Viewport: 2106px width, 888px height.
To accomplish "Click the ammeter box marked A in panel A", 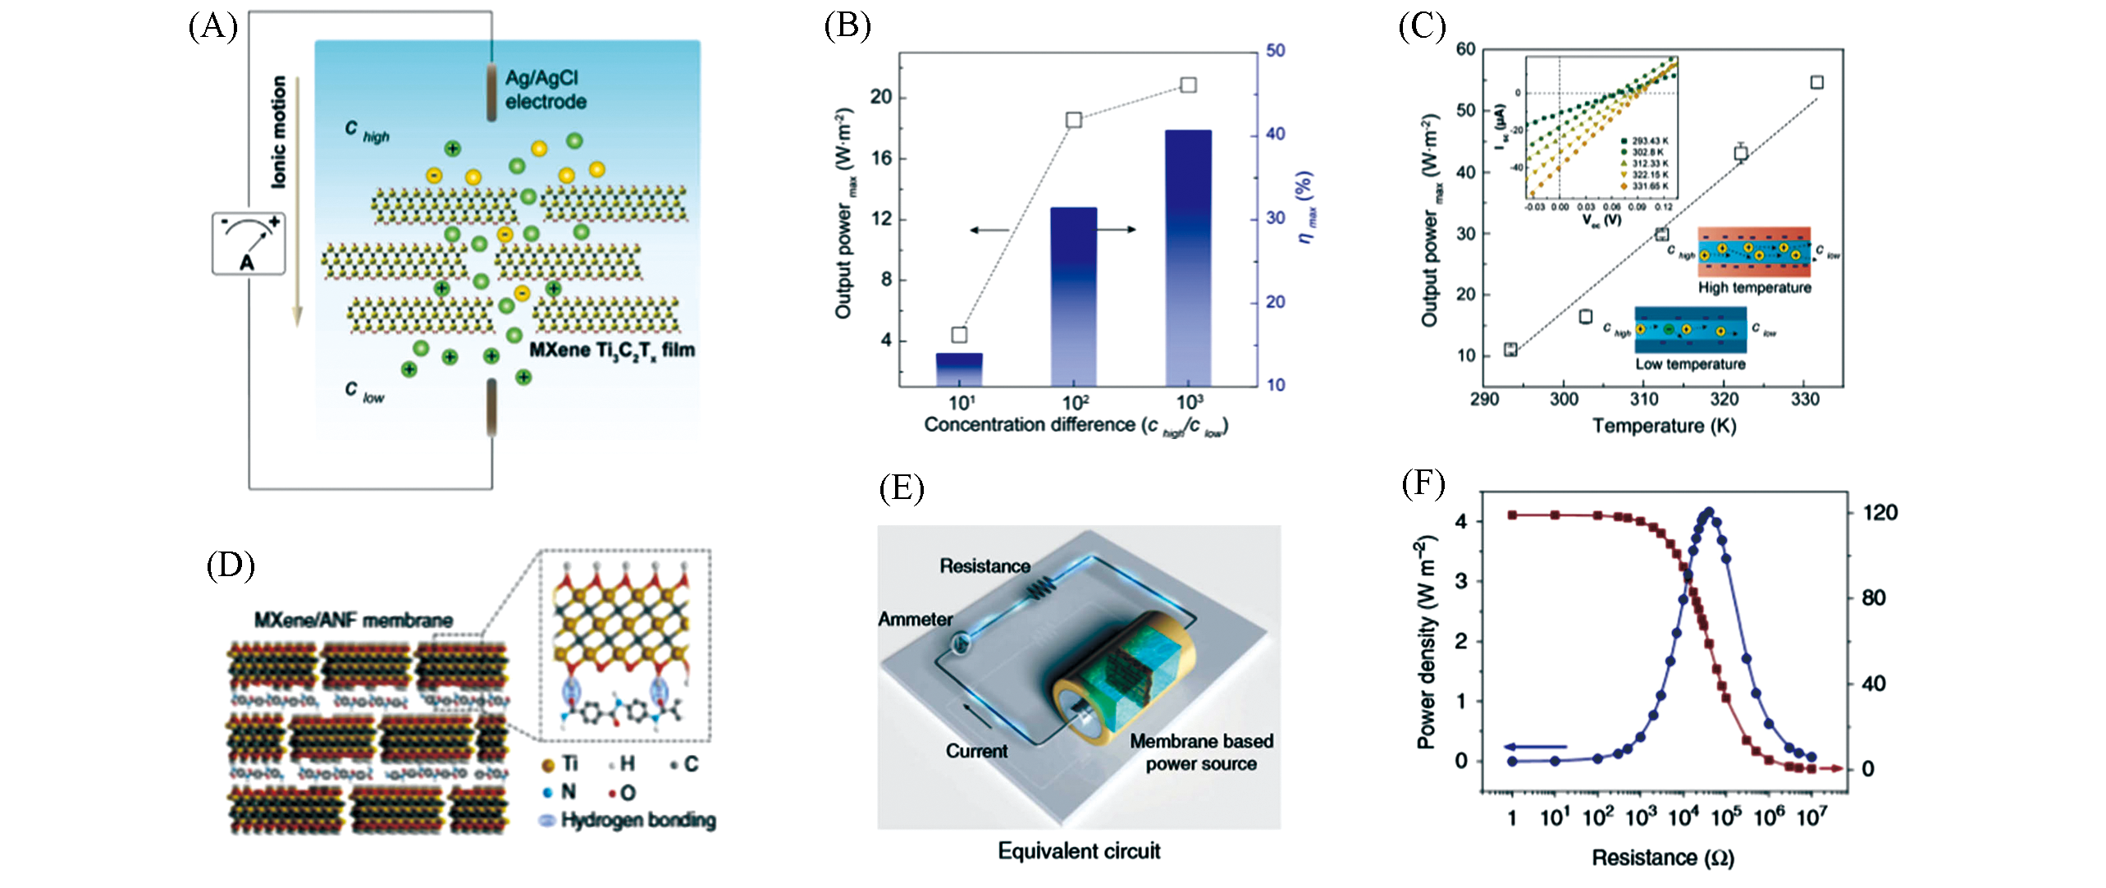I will pos(248,244).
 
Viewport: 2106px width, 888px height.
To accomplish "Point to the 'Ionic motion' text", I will pos(280,131).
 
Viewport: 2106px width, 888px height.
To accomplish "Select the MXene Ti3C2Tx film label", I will pos(611,350).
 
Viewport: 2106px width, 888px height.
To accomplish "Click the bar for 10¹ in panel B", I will pos(959,369).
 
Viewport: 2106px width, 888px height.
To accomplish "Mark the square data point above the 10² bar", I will pos(1073,120).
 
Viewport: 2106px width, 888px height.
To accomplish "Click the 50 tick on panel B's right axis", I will pos(1275,51).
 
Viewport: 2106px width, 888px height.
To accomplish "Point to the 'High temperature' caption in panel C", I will pos(1754,288).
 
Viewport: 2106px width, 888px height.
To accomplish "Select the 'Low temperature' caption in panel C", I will pos(1690,364).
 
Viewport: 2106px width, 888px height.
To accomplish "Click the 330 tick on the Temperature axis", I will pos(1804,400).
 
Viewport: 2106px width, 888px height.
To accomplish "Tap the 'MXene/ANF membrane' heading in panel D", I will pos(353,620).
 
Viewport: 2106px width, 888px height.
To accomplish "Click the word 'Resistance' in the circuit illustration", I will pos(984,566).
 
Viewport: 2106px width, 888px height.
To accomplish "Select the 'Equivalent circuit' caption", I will pos(1079,851).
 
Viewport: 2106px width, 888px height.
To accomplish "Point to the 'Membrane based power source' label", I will pos(1201,752).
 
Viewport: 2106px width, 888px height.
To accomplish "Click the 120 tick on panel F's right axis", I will pos(1880,513).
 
